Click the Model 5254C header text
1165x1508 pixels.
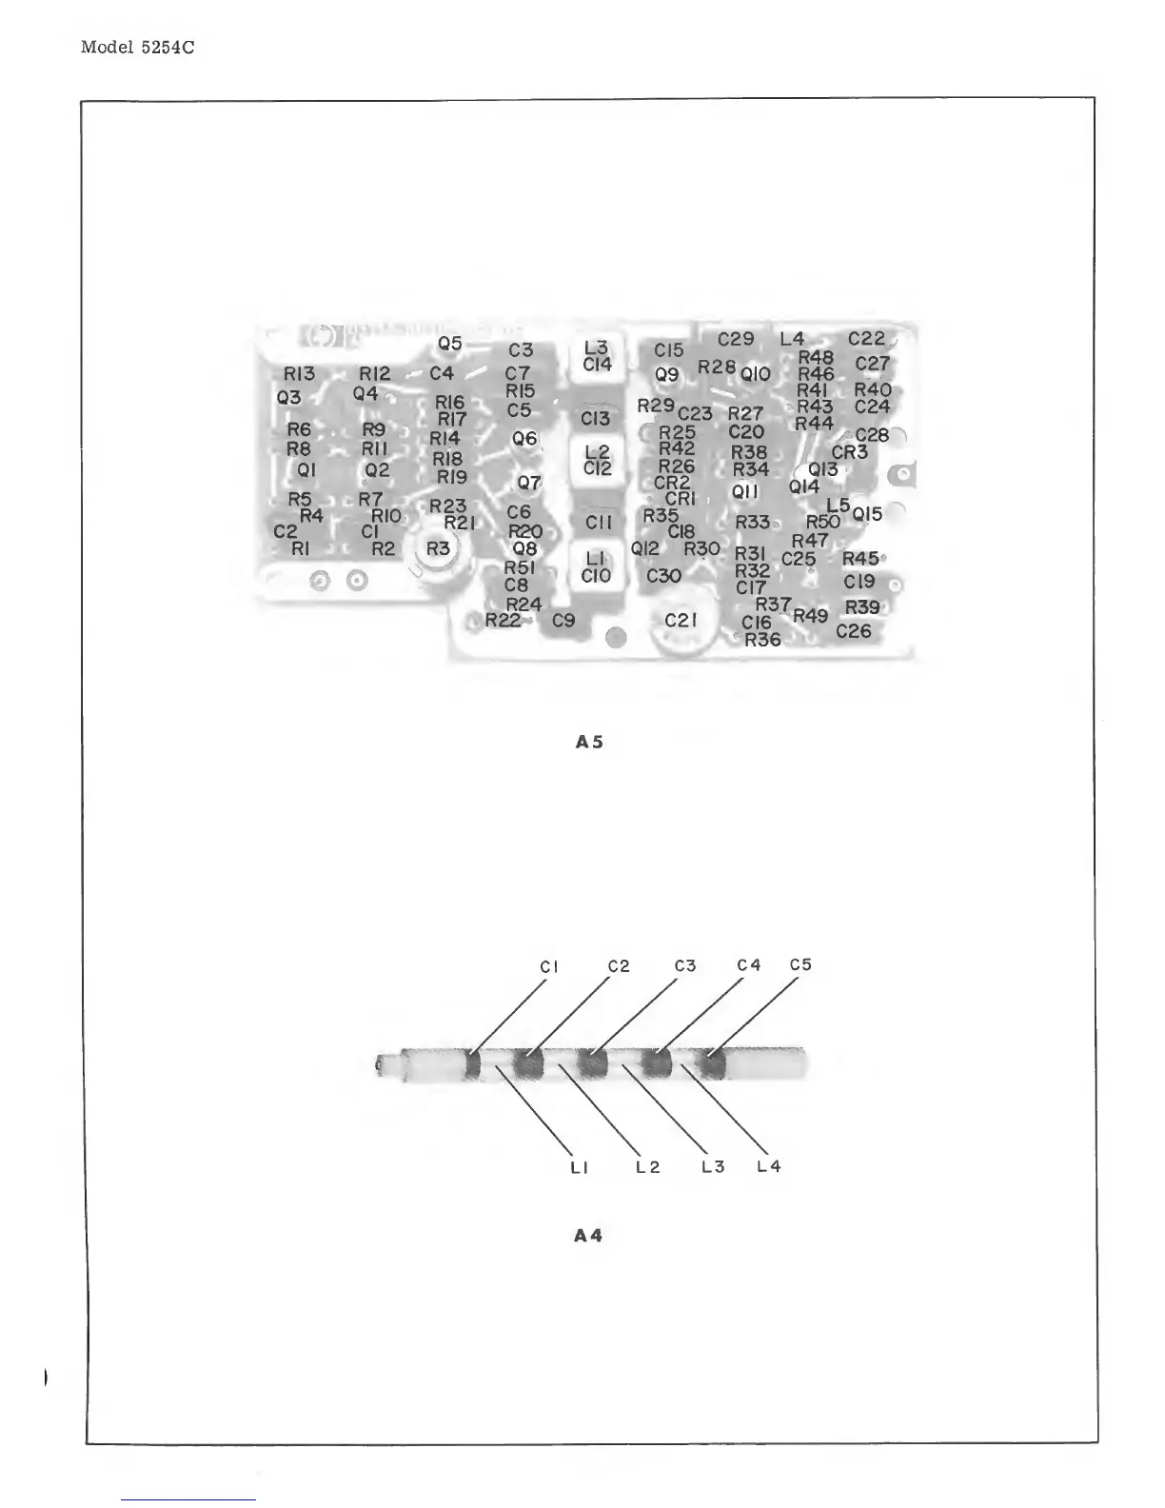[138, 47]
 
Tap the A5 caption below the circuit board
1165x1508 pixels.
[590, 741]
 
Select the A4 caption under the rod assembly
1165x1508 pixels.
[588, 1236]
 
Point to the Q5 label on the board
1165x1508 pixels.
[450, 343]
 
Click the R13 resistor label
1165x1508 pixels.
[299, 374]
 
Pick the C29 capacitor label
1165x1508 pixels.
[736, 339]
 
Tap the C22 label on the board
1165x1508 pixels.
[866, 339]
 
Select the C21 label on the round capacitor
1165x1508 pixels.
[681, 620]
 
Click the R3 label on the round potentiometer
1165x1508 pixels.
[438, 548]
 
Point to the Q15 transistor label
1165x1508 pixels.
[867, 514]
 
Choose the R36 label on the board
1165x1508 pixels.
[762, 640]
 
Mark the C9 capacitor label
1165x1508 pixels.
[563, 621]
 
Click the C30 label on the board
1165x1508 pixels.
[663, 575]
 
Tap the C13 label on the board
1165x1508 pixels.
[595, 418]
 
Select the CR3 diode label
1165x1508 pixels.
[849, 452]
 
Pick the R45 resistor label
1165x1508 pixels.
[860, 559]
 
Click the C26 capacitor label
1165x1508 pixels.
[854, 630]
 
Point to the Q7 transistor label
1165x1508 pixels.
[528, 483]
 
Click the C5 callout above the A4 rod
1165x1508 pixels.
[800, 964]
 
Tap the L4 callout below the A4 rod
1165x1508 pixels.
[768, 1166]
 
